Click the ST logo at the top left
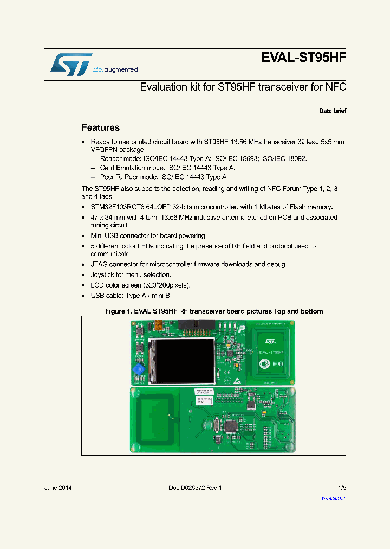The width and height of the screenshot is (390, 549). pyautogui.click(x=71, y=65)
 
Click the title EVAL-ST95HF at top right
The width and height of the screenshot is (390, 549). pyautogui.click(x=303, y=58)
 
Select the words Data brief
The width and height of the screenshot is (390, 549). pyautogui.click(x=332, y=111)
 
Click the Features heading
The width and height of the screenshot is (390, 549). pyautogui.click(x=100, y=128)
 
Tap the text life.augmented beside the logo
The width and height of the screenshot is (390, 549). pyautogui.click(x=115, y=69)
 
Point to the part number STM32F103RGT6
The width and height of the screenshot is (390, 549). pyautogui.click(x=118, y=207)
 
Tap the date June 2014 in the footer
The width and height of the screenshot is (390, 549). pyautogui.click(x=57, y=488)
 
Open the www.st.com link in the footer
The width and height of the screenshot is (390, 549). pyautogui.click(x=334, y=497)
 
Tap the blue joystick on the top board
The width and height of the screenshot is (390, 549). pyautogui.click(x=139, y=369)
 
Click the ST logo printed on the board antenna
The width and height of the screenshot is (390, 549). pyautogui.click(x=269, y=342)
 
